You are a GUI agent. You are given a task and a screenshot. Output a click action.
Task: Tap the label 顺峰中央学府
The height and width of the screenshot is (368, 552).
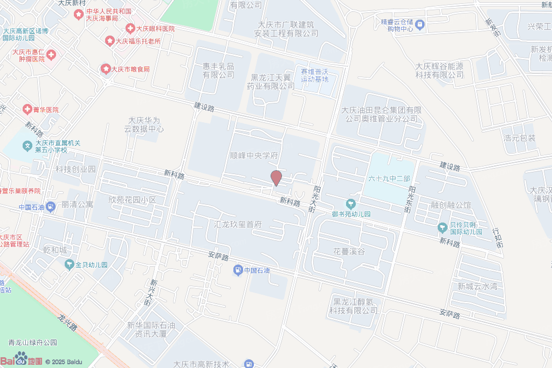click(254, 155)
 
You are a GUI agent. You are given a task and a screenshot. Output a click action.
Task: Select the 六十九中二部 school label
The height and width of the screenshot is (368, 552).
click(389, 178)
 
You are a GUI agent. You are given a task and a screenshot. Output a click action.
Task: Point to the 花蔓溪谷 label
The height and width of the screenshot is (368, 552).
click(349, 252)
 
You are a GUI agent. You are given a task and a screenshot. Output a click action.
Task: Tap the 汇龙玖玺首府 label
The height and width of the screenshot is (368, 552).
click(238, 224)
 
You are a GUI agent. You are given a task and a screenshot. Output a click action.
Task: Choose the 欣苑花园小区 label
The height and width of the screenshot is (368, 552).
click(132, 200)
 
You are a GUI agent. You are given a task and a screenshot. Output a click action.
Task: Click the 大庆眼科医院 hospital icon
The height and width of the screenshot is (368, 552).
click(130, 28)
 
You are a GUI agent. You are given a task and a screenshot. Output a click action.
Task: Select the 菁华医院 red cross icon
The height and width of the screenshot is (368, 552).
click(26, 109)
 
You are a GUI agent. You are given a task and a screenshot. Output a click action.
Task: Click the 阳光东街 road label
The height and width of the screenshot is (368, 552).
click(411, 199)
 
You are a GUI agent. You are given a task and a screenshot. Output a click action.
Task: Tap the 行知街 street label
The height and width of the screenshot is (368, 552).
click(498, 238)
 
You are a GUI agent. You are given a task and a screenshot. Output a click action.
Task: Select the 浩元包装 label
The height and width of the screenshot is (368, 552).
click(519, 138)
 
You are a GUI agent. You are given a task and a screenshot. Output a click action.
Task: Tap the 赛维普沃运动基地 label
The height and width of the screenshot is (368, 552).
click(314, 75)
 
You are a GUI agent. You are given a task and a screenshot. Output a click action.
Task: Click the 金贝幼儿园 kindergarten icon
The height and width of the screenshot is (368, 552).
click(70, 265)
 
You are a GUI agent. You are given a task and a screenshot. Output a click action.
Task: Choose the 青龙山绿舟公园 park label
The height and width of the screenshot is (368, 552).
click(32, 343)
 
